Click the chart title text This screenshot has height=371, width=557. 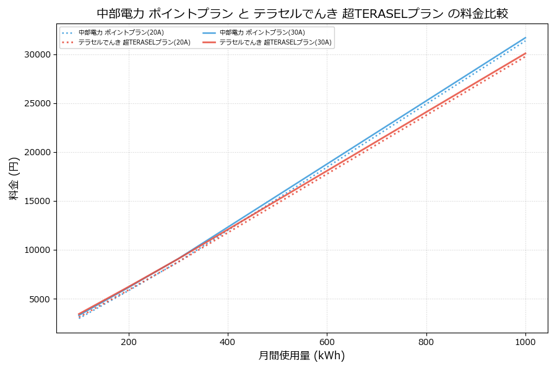click(x=302, y=13)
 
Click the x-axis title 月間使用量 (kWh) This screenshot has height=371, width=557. click(x=301, y=356)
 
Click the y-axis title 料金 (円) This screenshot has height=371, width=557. click(x=14, y=178)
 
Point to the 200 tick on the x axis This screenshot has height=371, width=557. click(x=129, y=341)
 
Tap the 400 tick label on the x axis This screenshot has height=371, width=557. click(x=228, y=341)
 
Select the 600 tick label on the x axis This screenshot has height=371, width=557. click(x=327, y=341)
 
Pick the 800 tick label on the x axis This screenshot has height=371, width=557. click(x=426, y=341)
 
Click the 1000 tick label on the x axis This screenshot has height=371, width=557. click(x=525, y=341)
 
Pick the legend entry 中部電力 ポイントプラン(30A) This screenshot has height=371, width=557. click(x=262, y=33)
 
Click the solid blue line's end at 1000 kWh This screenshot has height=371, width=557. click(x=525, y=37)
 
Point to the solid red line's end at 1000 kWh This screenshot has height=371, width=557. click(x=525, y=53)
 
